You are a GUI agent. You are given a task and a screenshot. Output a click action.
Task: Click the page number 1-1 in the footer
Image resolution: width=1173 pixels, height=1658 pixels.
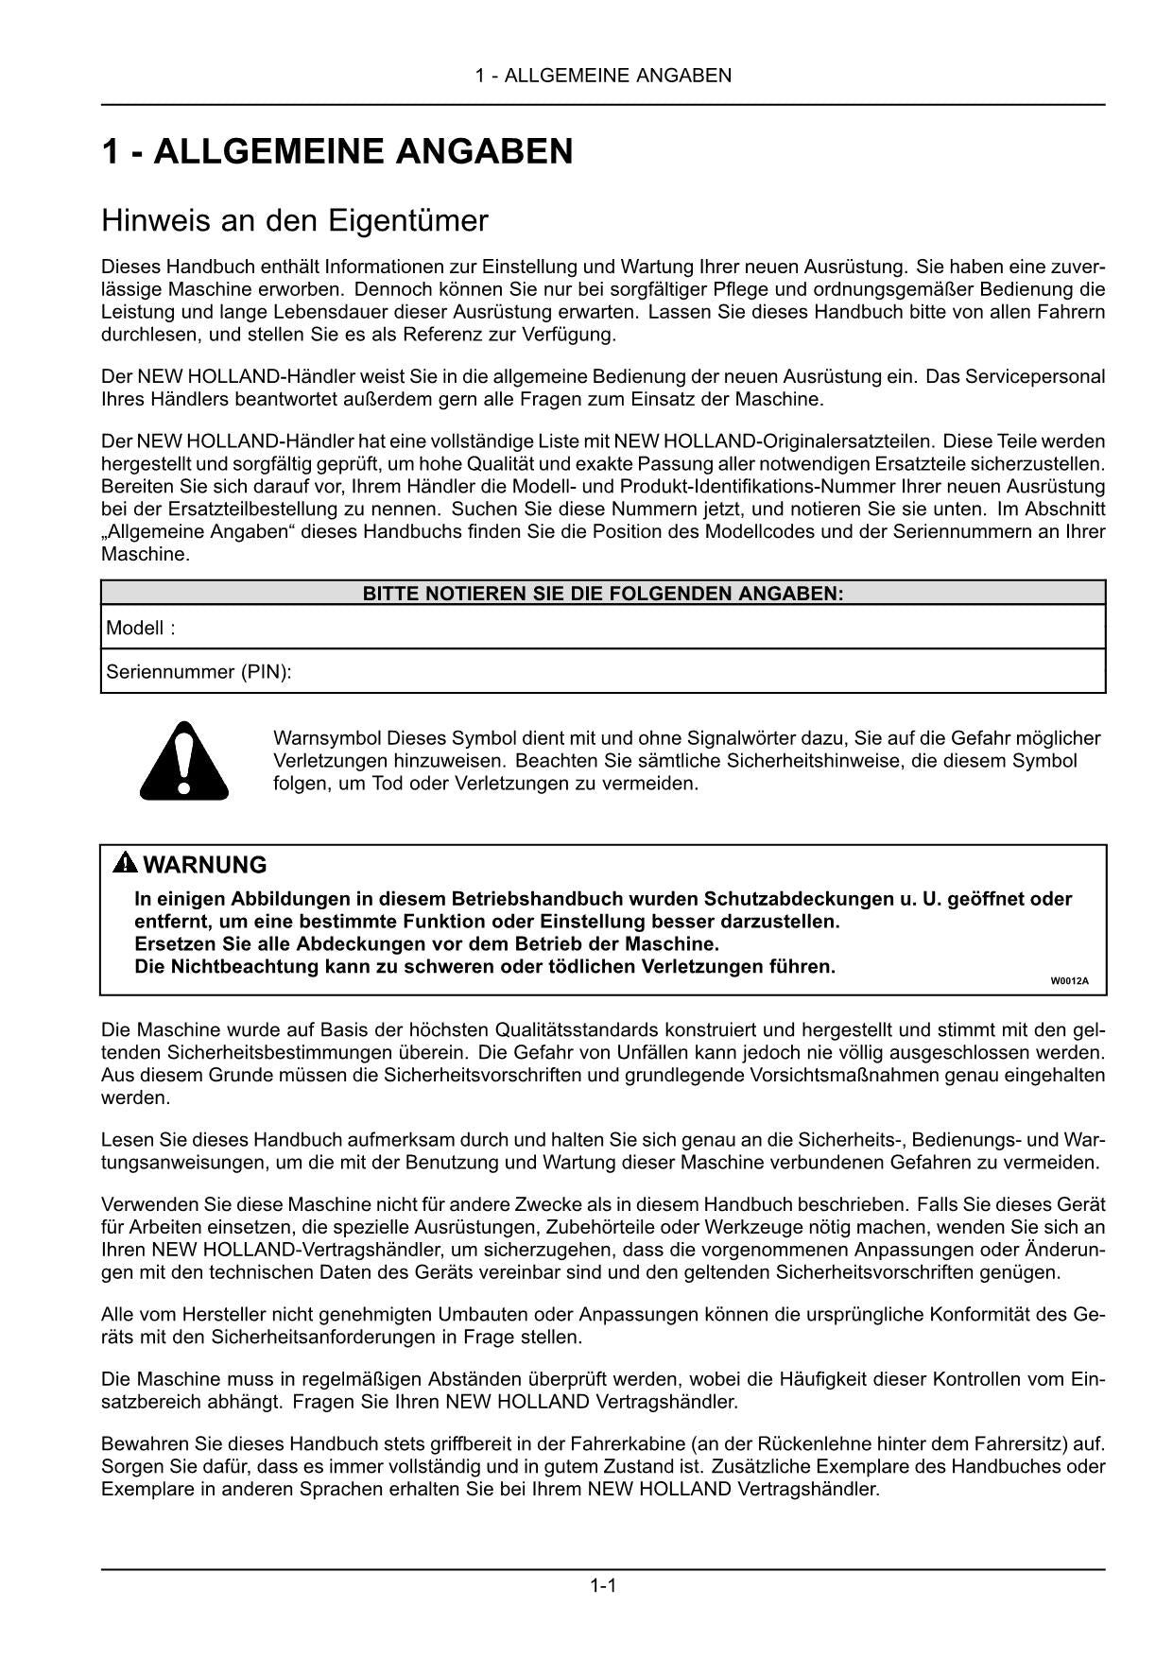(x=603, y=1585)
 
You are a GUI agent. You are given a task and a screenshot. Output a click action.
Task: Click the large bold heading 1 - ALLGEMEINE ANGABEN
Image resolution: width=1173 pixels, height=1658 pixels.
(x=336, y=151)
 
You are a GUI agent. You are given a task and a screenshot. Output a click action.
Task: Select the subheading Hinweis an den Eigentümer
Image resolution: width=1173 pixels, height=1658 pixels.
(x=294, y=221)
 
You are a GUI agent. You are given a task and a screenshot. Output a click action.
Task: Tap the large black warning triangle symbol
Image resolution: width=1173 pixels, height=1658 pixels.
(x=184, y=760)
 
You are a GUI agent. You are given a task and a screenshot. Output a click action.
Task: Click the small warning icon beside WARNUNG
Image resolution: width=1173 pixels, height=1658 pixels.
(x=124, y=864)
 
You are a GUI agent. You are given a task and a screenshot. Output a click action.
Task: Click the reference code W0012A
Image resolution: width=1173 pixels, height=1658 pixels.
(x=1069, y=980)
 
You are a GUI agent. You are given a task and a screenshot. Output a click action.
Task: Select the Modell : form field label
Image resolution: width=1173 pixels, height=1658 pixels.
(x=140, y=628)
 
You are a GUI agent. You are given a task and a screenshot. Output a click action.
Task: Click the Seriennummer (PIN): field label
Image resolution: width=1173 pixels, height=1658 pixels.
(x=198, y=672)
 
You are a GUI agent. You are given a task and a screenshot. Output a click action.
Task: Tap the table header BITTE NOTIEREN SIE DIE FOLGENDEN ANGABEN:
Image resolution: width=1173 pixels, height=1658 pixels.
(x=603, y=594)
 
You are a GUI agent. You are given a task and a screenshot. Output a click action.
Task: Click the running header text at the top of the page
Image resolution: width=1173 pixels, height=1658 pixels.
(x=603, y=76)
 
